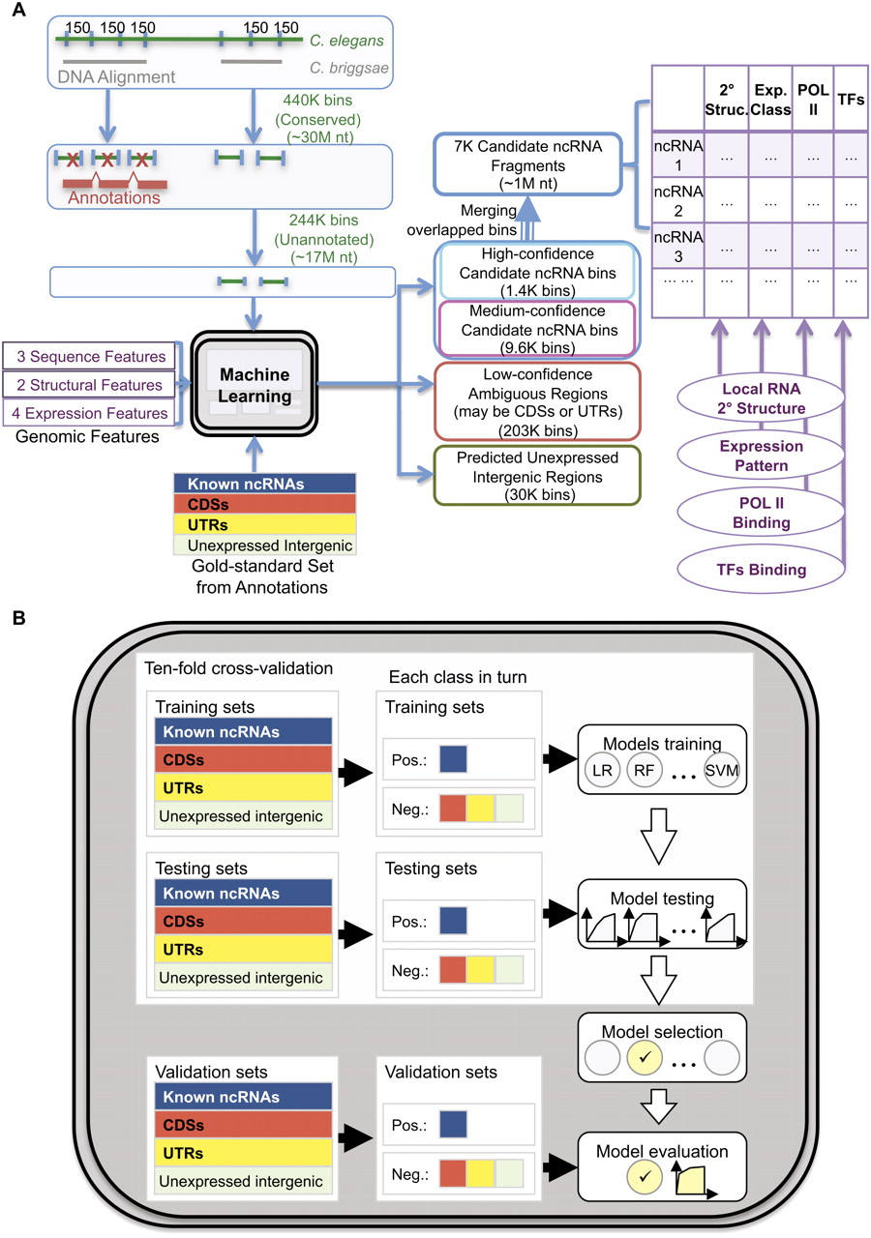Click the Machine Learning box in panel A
tap(254, 384)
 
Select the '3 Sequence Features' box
tap(89, 357)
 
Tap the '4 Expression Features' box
tap(89, 413)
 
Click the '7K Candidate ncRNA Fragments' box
tap(527, 164)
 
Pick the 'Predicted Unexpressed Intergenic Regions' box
tap(537, 476)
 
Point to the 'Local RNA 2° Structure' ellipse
tap(761, 398)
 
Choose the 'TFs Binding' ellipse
tap(761, 570)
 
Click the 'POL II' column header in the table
tap(812, 99)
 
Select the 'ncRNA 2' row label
tap(678, 200)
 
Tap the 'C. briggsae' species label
tap(348, 68)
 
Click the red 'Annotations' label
tap(114, 197)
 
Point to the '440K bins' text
tap(317, 100)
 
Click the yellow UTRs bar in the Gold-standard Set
tap(264, 524)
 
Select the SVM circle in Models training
tap(722, 770)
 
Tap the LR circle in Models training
tap(602, 770)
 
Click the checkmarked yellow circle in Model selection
tap(645, 1057)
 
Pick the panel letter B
tap(18, 617)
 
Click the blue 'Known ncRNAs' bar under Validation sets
tap(243, 1097)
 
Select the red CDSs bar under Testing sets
tap(243, 921)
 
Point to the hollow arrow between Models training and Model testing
tap(659, 837)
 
